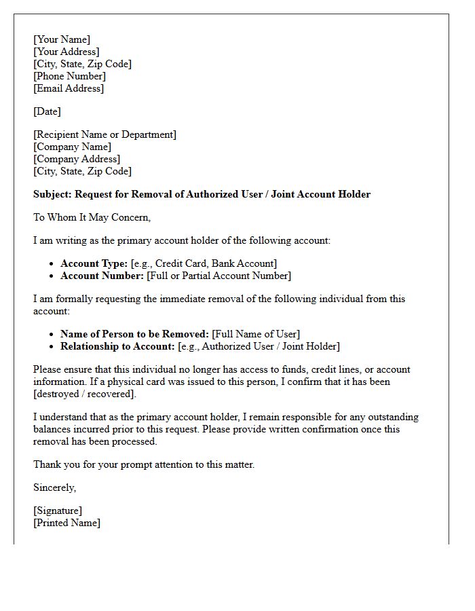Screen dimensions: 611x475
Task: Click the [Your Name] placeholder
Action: pyautogui.click(x=62, y=39)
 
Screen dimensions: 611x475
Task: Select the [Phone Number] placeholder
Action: pyautogui.click(x=69, y=76)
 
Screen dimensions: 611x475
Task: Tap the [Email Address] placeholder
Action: pyautogui.click(x=69, y=88)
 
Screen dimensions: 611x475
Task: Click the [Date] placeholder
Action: pyautogui.click(x=47, y=111)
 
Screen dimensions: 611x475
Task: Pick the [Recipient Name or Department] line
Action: pyautogui.click(x=104, y=134)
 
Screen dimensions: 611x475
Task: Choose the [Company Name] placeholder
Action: pyautogui.click(x=72, y=147)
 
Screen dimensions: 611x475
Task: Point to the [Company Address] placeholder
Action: pyautogui.click(x=77, y=159)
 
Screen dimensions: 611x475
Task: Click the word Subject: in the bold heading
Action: pyautogui.click(x=52, y=194)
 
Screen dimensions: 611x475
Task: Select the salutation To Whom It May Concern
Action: pyautogui.click(x=92, y=217)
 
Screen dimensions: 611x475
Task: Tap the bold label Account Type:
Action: pyautogui.click(x=94, y=263)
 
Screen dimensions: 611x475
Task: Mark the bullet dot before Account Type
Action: pyautogui.click(x=52, y=264)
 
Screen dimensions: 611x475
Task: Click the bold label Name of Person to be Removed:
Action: pyautogui.click(x=134, y=334)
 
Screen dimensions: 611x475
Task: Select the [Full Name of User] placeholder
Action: pyautogui.click(x=256, y=334)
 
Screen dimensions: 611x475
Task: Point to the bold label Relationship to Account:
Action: pyautogui.click(x=117, y=346)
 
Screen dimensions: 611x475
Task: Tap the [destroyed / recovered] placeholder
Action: pyautogui.click(x=85, y=394)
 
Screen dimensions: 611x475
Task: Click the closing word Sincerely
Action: pyautogui.click(x=54, y=487)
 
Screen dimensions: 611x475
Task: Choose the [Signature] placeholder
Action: pyautogui.click(x=58, y=511)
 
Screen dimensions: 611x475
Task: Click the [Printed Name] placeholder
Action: pyautogui.click(x=66, y=523)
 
